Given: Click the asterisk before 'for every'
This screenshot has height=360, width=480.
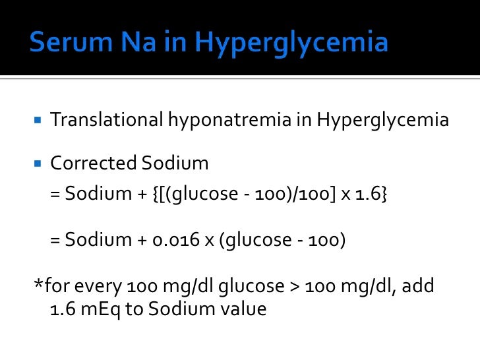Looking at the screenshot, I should (38, 285).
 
